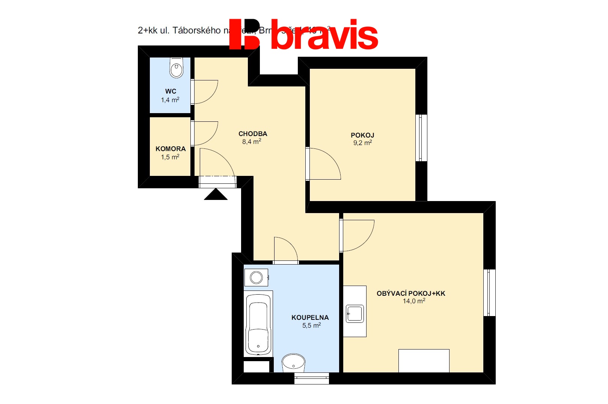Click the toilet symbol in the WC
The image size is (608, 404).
176,68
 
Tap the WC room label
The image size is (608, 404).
170,91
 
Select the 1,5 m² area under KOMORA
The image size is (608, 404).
170,157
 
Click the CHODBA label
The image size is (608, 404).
253,134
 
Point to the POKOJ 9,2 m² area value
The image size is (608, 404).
362,143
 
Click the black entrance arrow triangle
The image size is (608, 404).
216,195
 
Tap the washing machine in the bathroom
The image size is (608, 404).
256,278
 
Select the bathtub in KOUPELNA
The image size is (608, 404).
258,324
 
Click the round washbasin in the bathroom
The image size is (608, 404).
293,363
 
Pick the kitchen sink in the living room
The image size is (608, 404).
355,313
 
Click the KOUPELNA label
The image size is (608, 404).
310,318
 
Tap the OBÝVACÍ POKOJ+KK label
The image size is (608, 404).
411,294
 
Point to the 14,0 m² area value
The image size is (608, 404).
414,301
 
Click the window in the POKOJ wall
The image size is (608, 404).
421,138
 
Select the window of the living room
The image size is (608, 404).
489,293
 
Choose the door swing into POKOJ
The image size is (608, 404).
324,164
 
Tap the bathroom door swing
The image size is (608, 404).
285,250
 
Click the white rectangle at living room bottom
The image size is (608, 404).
424,361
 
